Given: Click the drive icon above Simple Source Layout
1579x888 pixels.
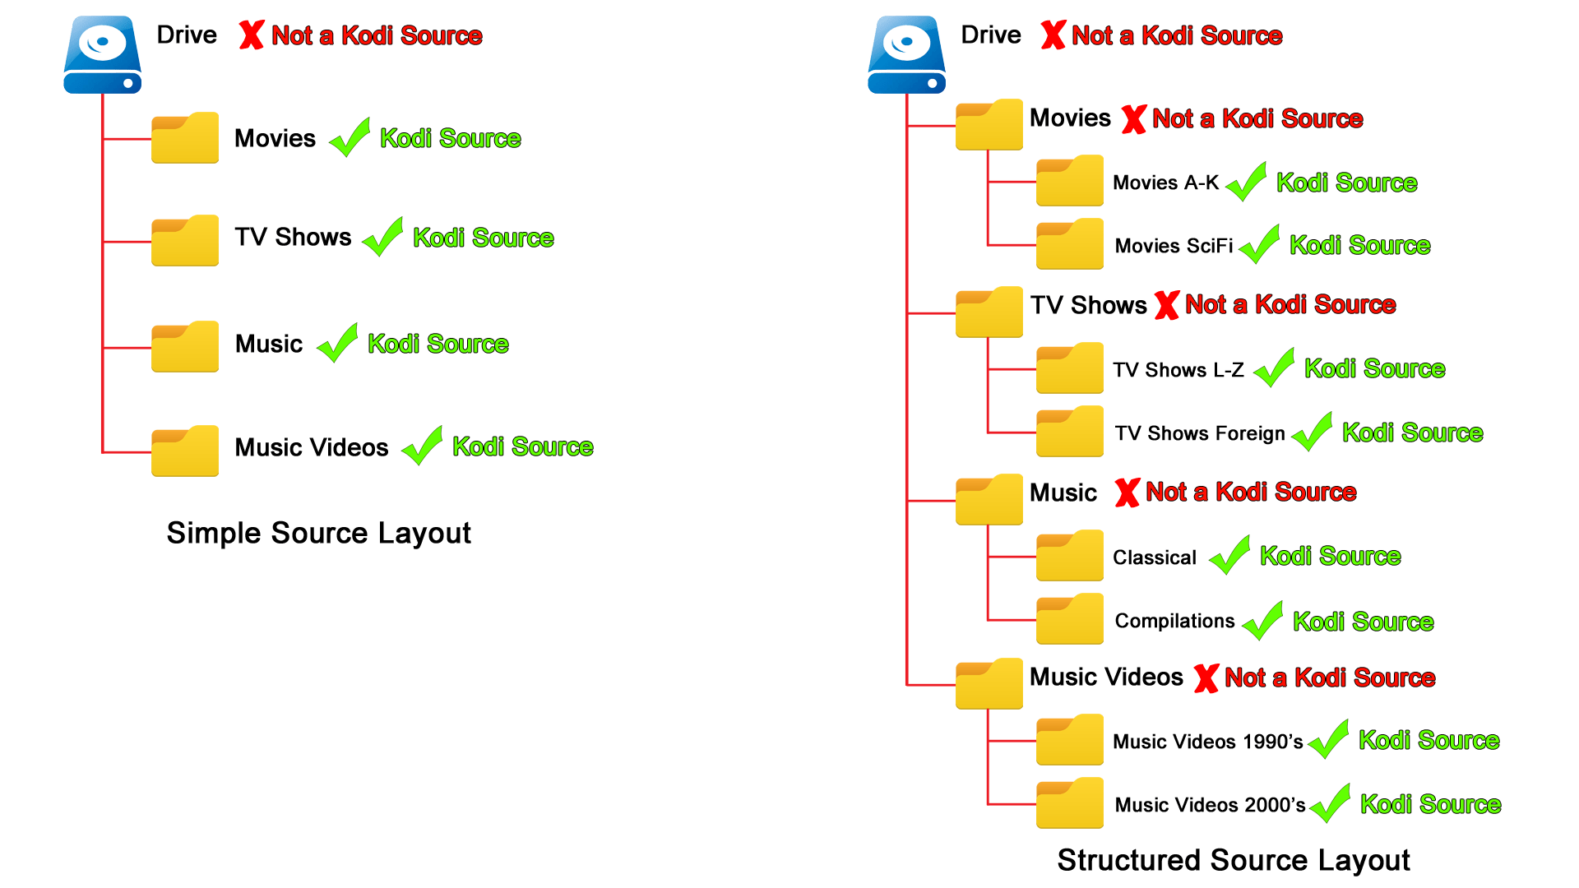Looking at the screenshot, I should pos(102,54).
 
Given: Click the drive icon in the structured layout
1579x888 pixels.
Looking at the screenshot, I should pos(906,54).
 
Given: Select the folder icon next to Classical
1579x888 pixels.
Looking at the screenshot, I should pos(1069,556).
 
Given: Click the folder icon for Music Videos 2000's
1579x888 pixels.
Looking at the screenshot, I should pos(1069,803).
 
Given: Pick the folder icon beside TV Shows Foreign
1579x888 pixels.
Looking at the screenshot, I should pos(1069,432).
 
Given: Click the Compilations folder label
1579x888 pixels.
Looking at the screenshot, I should pos(1174,621).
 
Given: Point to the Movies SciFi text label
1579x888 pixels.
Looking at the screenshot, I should pos(1174,246).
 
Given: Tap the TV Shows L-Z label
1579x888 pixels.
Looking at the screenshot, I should pos(1178,370).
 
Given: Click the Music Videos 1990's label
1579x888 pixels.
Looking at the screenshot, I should pos(1207,742).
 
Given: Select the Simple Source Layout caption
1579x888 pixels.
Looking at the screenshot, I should pos(318,533).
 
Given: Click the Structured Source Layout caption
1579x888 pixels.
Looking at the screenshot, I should pos(1233,860).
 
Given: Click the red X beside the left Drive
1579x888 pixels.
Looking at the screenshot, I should pos(251,35).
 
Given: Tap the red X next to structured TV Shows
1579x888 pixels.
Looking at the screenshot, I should pos(1166,305).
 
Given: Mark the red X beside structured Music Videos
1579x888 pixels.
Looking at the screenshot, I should pos(1206,678).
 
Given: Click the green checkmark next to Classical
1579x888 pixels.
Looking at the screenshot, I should pos(1230,555).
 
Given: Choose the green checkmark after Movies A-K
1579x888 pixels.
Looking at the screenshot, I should pos(1247,182).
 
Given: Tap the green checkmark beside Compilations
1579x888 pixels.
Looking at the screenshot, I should pos(1263,621).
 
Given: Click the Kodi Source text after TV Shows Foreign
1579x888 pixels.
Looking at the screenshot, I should pos(1412,432).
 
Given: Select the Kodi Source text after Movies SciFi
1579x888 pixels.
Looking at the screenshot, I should pos(1359,245).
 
